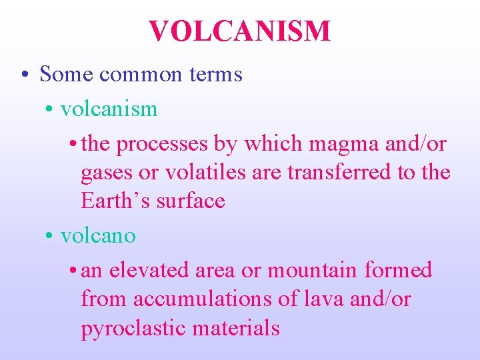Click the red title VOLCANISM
pyautogui.click(x=239, y=31)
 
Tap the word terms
pyautogui.click(x=218, y=75)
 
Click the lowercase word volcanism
pyautogui.click(x=109, y=109)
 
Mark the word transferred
pyautogui.click(x=339, y=172)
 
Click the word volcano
pyautogui.click(x=98, y=235)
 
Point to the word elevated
pyautogui.click(x=149, y=271)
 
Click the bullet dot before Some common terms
pyautogui.click(x=24, y=75)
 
